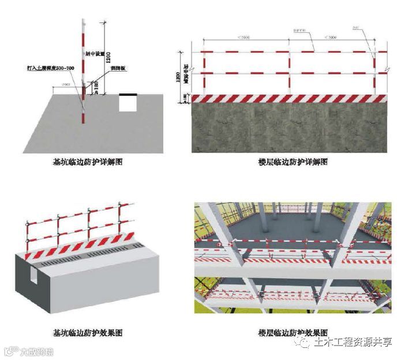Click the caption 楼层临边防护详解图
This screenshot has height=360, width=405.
pos(293,162)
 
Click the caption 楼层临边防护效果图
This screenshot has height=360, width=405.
pos(293,333)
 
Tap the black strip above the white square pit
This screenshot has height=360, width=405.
pos(127,94)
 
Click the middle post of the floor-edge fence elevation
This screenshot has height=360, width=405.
pos(288,66)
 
